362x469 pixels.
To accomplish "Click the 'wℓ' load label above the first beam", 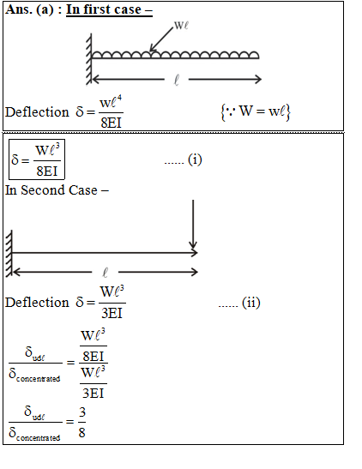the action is click(x=181, y=25).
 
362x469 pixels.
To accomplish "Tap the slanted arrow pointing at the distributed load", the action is click(x=161, y=39).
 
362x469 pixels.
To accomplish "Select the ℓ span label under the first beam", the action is click(x=177, y=80).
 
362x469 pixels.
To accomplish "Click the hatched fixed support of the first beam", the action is click(x=89, y=59).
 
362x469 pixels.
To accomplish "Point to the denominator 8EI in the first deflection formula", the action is click(x=111, y=123).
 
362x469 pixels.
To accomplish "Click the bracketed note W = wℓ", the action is click(x=256, y=111).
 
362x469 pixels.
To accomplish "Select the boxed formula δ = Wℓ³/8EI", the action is click(x=37, y=159).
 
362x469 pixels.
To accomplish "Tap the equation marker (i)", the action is click(x=195, y=159).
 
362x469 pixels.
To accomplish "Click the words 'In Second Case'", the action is click(x=51, y=190).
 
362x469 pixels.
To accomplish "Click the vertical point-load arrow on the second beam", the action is click(x=193, y=225).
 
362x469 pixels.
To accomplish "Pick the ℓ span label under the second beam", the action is click(x=105, y=273).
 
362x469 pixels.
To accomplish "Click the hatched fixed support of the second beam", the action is click(x=9, y=253).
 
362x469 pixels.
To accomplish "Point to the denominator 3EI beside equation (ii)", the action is click(x=112, y=313).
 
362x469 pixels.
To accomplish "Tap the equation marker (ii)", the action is click(x=251, y=303).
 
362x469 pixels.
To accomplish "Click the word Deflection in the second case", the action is click(x=37, y=303).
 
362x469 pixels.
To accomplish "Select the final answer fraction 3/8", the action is click(x=82, y=422).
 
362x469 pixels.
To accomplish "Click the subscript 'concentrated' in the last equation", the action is click(x=39, y=438).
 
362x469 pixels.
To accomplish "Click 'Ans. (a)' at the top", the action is click(x=29, y=9).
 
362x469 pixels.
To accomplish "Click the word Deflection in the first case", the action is click(x=37, y=112).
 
